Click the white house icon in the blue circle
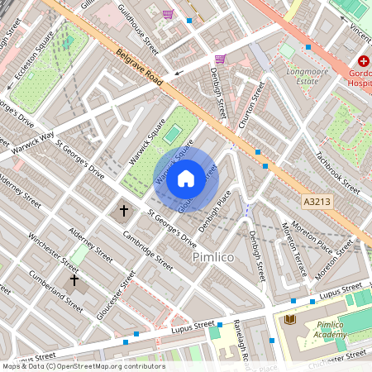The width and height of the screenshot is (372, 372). point(186,179)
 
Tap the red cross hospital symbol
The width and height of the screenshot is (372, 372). point(364,62)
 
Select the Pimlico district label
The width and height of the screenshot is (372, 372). point(214,258)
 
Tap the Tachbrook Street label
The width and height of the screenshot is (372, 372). point(338,172)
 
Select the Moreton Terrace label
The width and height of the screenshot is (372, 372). point(295,250)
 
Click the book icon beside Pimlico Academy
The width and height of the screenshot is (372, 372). point(289,319)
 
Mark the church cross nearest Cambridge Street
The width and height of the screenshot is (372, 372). point(125,211)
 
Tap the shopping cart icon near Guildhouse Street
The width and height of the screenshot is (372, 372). point(169,14)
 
